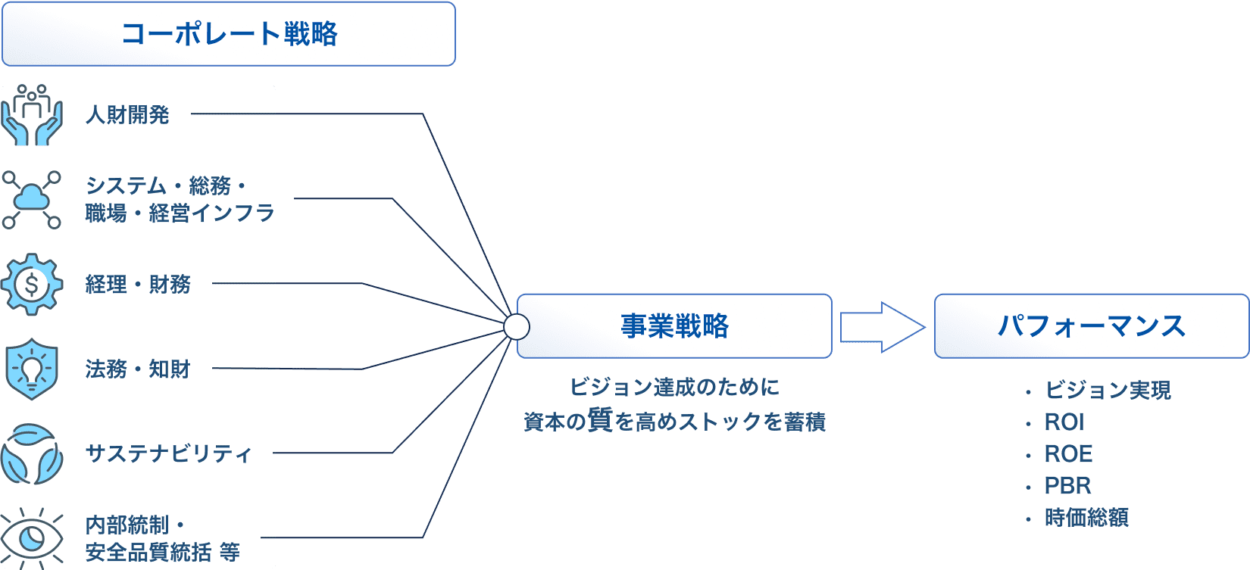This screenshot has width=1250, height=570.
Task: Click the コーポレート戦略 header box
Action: pyautogui.click(x=228, y=34)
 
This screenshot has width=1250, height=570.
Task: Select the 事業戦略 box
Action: pyautogui.click(x=674, y=326)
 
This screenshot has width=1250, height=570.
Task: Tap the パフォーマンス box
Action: pyautogui.click(x=1091, y=326)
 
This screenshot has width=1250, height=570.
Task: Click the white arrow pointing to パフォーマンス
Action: pyautogui.click(x=882, y=327)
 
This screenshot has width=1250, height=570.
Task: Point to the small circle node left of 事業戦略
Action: pyautogui.click(x=517, y=327)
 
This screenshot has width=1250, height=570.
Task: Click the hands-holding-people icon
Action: pyautogui.click(x=32, y=115)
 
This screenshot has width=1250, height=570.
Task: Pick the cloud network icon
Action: pyautogui.click(x=32, y=200)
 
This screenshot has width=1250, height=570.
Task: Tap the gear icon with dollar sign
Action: pyautogui.click(x=32, y=285)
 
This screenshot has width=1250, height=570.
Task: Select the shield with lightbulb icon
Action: pyautogui.click(x=32, y=369)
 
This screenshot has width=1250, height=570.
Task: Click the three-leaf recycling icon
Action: pyautogui.click(x=32, y=454)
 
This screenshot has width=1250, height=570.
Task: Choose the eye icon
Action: pyautogui.click(x=32, y=537)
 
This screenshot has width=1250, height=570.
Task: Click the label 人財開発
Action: pyautogui.click(x=127, y=115)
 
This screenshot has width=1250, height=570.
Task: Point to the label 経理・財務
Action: pyautogui.click(x=138, y=285)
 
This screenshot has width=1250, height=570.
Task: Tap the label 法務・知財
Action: pyautogui.click(x=138, y=369)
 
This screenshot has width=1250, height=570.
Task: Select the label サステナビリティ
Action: pyautogui.click(x=168, y=453)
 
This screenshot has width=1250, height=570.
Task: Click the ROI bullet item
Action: pyautogui.click(x=1064, y=422)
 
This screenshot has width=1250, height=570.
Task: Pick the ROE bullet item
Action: pyautogui.click(x=1068, y=453)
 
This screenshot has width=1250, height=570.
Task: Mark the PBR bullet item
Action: pyautogui.click(x=1067, y=485)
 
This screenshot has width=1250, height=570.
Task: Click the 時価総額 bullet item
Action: pyautogui.click(x=1086, y=518)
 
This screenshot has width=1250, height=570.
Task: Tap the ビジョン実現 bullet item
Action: pyautogui.click(x=1108, y=390)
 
